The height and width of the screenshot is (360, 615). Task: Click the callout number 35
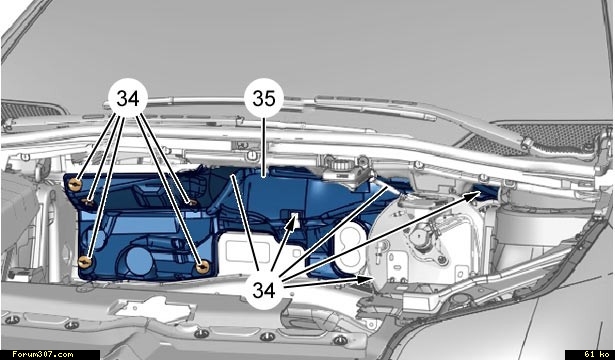pos(264,98)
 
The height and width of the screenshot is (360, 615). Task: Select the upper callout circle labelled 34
pos(128,98)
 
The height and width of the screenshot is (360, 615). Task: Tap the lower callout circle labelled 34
pos(264,290)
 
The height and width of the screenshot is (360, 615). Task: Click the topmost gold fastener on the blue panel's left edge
pos(75,184)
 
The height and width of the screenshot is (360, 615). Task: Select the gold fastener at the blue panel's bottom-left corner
pos(85,262)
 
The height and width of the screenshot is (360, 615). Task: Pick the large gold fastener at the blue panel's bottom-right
pos(202,267)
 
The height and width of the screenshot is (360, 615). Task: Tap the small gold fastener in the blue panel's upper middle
pos(192,203)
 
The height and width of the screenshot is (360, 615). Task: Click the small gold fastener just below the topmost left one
pos(88,202)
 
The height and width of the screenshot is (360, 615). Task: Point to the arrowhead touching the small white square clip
pos(292,222)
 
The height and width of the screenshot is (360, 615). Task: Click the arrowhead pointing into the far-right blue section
pos(473,195)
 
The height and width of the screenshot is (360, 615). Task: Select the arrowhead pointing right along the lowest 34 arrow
pos(366,279)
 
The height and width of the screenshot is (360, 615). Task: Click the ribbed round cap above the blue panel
pos(338,165)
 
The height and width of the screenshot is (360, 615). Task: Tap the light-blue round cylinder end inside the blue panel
pos(137,260)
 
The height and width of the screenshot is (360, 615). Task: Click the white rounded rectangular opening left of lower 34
pos(240,252)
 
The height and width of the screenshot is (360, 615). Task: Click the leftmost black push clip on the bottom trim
pos(12,320)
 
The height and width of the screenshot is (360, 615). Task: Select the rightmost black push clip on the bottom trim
pos(340,340)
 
